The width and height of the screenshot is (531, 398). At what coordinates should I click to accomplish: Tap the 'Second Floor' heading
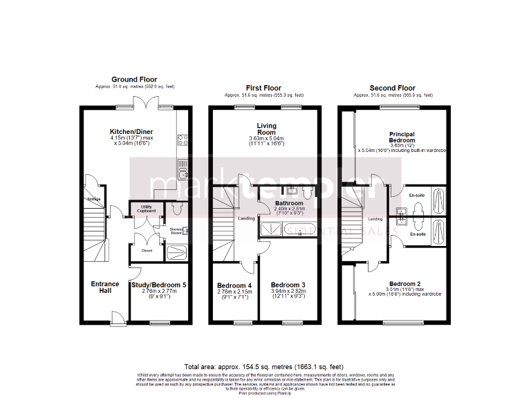pos(392,88)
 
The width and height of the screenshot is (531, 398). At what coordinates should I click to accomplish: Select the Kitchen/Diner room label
pos(131,131)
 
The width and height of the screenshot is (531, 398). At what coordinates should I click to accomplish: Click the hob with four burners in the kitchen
pos(183,141)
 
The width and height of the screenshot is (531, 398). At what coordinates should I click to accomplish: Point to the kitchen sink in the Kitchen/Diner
pos(183,164)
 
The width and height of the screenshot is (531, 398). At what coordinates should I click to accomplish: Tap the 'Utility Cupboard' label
pos(147,208)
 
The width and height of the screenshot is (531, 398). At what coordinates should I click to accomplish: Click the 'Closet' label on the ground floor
pos(147,250)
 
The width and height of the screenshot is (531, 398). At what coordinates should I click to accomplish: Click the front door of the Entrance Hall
pos(118,318)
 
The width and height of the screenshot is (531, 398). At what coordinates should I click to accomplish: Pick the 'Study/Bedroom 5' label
pos(158,285)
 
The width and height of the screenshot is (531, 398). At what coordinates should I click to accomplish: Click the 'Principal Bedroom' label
pos(401,135)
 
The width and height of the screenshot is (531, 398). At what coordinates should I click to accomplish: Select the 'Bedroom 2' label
pos(404,284)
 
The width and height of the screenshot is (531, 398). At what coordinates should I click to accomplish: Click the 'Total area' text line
pos(265,366)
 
